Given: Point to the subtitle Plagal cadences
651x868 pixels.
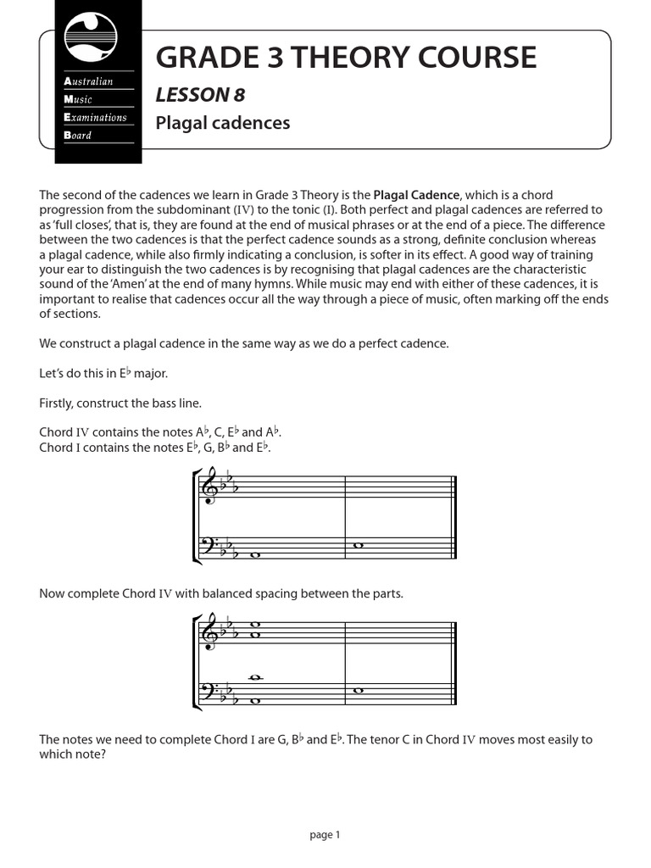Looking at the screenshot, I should (222, 123).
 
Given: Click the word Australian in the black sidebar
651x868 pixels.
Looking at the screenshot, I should (89, 81).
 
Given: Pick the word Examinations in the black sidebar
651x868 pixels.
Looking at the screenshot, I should (96, 117).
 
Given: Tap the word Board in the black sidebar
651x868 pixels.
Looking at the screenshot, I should (78, 135).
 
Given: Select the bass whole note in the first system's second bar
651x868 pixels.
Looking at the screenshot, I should (358, 546).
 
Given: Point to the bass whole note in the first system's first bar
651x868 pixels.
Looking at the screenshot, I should (255, 557).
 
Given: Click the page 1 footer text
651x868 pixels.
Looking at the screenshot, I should (325, 835).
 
